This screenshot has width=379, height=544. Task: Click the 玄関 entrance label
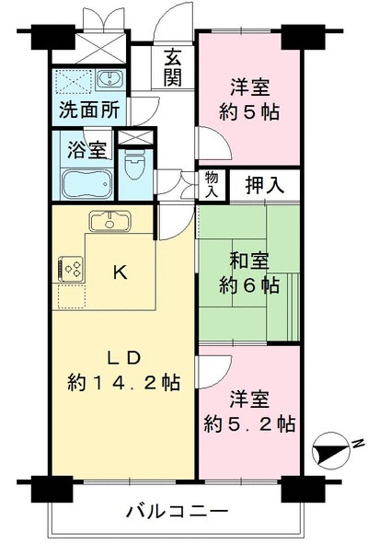pos(172,69)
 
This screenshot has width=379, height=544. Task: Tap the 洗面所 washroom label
pos(89,110)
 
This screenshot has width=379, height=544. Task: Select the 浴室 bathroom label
pos(86,150)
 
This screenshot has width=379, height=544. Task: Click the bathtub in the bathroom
pos(87,184)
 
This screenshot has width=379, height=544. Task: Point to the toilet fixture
pos(134,165)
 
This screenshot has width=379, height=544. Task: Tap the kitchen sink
pos(110,221)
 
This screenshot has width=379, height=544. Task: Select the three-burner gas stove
pos(71,268)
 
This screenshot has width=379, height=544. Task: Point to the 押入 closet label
pos(265,185)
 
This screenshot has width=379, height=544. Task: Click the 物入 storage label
pos(212,185)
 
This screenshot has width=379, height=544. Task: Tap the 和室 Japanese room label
pos(249,261)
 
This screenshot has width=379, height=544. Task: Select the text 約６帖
pos(249,285)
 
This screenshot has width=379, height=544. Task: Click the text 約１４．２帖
pos(123,382)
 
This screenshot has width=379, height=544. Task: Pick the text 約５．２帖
pos(249,423)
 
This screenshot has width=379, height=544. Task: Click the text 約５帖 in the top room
pos(249,111)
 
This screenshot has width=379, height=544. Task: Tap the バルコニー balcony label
pos(178,511)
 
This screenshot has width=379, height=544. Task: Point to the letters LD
pos(124,358)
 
